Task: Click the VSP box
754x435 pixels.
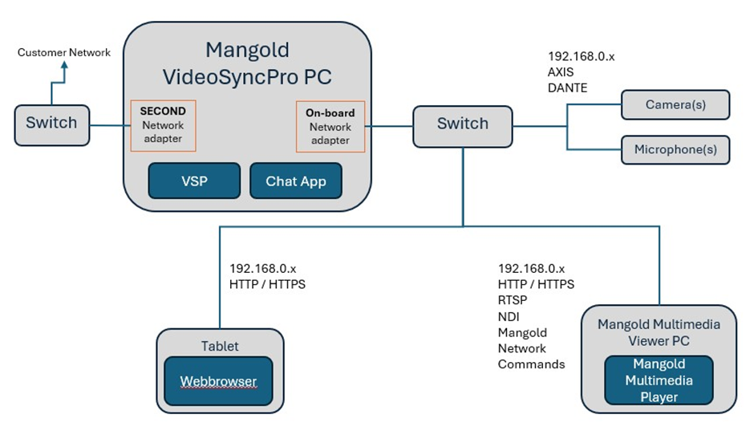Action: point(194,181)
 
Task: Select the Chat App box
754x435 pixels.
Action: point(296,181)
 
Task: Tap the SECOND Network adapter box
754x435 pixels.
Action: point(163,125)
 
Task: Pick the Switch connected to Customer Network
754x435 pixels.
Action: point(51,124)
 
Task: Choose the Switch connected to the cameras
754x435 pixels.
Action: point(462,124)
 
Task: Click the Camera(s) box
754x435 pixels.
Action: point(675,104)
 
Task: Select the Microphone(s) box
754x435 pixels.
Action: point(675,149)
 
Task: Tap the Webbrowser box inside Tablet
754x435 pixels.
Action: point(218,381)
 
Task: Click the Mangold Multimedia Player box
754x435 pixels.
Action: point(658,380)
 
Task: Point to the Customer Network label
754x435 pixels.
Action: point(64,53)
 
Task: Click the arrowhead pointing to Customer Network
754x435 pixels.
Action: point(65,68)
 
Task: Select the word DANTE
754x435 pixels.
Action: point(568,87)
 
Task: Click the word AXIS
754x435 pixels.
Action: point(561,72)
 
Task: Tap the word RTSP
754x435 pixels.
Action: point(513,300)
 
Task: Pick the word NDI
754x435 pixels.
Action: point(509,316)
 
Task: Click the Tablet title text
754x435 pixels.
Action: point(219,346)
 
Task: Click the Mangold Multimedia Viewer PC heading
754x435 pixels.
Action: point(658,332)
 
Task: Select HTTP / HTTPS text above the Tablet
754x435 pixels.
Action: point(267,283)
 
